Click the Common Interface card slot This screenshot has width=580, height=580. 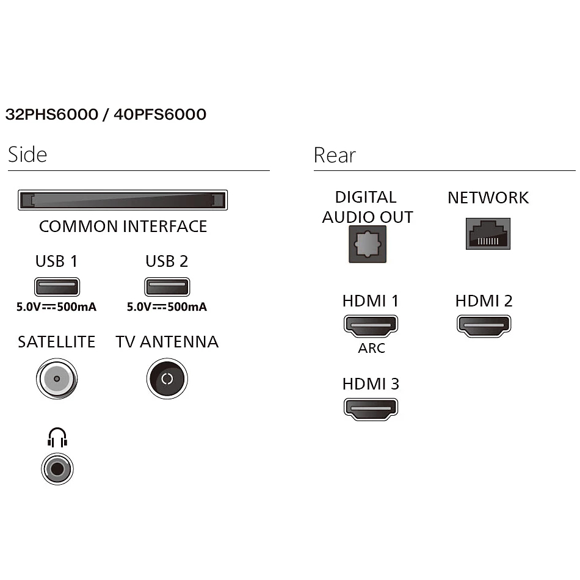point(123,200)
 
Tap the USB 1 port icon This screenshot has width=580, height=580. point(57,286)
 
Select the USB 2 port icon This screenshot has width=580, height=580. point(167,286)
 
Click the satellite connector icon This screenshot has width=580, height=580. point(57,379)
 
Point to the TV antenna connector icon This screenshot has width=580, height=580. point(167,379)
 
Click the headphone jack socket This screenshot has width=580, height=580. point(57,469)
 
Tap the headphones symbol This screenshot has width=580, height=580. point(57,438)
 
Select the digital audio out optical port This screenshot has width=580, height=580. point(367,244)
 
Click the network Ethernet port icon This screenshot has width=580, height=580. point(488,233)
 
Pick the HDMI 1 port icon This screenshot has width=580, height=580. point(371,325)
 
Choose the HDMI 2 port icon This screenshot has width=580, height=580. point(484,325)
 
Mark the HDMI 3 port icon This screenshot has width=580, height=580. point(371,408)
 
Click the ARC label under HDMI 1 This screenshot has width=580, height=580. point(371,349)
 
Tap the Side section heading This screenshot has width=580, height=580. point(27,154)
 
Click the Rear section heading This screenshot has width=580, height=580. point(335,155)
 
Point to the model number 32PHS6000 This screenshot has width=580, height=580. point(51,114)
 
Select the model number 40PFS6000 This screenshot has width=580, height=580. point(160,114)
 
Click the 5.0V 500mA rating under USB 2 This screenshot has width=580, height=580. point(167,306)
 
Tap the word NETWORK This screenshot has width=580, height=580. point(488,198)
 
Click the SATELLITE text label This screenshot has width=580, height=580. point(57,342)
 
